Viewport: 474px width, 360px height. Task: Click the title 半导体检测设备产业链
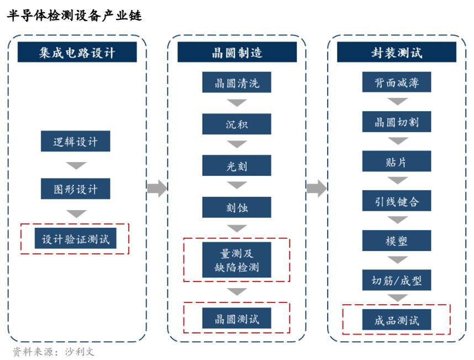75,15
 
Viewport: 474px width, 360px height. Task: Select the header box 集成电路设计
77,52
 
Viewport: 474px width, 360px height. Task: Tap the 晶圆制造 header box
237,52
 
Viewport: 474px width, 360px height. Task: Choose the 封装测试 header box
397,52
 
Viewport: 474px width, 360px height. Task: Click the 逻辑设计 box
76,141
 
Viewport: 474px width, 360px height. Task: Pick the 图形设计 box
76,189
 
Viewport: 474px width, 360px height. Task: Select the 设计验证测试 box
76,238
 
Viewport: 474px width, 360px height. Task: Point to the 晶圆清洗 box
236,82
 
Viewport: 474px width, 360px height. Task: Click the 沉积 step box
236,124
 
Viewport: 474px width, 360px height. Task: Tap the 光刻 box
236,165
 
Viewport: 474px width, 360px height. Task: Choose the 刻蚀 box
236,207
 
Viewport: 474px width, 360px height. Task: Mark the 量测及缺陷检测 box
236,260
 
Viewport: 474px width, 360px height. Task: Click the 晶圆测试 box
236,319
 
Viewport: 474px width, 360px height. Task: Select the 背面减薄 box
397,82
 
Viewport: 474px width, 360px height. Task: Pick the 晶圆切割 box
397,122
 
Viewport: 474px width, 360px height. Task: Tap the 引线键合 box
397,201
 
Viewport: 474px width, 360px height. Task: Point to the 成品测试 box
397,320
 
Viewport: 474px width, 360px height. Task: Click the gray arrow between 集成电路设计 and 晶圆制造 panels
157,188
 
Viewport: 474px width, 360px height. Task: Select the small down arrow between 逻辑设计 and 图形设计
76,165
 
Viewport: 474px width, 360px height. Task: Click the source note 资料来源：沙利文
54,352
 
